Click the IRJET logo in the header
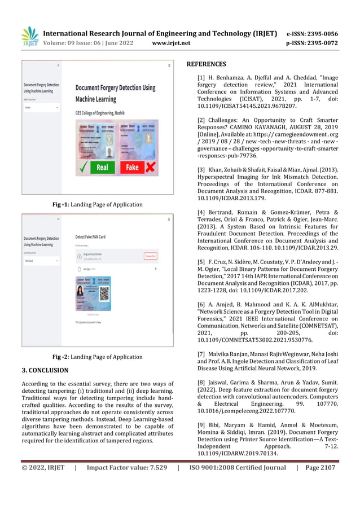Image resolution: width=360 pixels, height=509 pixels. coord(29,37)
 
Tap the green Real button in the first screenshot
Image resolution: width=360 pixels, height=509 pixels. coord(102,167)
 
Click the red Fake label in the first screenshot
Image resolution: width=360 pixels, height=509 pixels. coord(132,167)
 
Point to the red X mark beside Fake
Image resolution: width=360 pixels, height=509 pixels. coord(151,167)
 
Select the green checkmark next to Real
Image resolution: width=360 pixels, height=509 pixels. coord(83,167)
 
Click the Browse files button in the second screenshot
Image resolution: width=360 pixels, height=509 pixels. coord(150,256)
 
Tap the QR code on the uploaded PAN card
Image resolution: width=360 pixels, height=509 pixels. coord(103,293)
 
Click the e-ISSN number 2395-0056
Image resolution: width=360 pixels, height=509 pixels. coord(323,33)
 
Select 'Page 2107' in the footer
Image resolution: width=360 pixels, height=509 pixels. coord(320,467)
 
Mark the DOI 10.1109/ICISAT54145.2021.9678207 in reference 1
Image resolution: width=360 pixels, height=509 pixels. coord(247,106)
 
